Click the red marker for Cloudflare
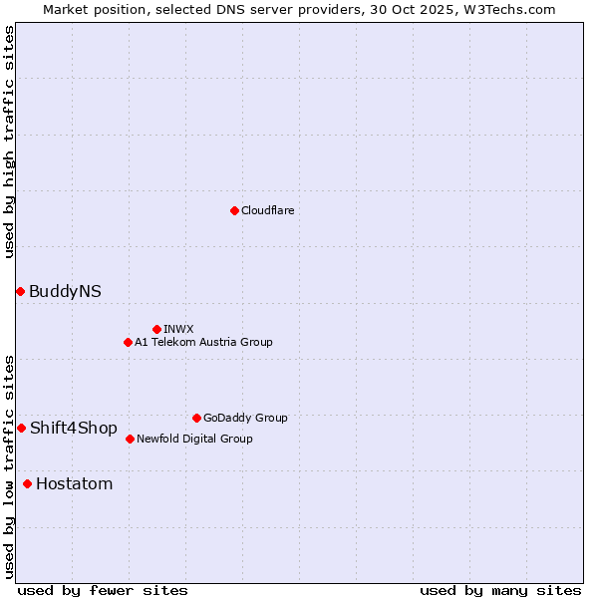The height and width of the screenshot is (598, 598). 234,210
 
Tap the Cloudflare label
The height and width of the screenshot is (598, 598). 267,210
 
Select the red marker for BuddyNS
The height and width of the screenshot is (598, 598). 20,291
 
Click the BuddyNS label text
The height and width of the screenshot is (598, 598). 65,291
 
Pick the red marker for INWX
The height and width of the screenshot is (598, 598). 156,329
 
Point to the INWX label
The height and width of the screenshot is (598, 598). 178,329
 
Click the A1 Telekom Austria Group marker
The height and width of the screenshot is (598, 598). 128,342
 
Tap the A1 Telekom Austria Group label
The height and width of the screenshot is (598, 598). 203,342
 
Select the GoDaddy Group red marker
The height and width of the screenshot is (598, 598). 196,418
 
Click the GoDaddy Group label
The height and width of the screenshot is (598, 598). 245,418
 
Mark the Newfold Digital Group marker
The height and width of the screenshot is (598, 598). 130,439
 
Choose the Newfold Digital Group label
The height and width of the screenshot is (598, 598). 194,439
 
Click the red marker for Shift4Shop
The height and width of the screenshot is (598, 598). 21,428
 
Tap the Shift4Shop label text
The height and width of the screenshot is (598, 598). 73,428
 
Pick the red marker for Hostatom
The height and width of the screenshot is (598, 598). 27,483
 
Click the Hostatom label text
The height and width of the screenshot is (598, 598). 74,484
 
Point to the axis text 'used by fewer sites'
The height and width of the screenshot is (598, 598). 103,590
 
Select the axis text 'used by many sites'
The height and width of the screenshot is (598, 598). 499,590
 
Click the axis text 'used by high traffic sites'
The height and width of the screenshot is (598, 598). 9,142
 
